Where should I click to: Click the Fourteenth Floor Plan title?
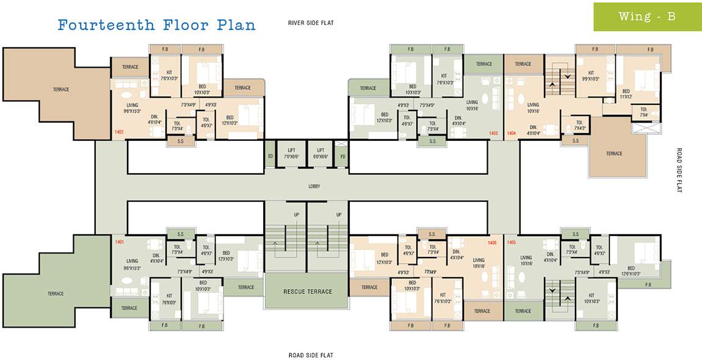[156, 25]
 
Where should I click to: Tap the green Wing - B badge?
[647, 16]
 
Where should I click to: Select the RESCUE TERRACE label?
[308, 291]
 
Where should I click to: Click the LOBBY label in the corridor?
[314, 186]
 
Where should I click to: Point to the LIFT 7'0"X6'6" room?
[291, 153]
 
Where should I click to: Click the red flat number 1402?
[119, 131]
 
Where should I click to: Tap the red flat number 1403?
[493, 132]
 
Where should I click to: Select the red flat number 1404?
[512, 132]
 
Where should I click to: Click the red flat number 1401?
[120, 242]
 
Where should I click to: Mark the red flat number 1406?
[492, 242]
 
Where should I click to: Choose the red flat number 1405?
[512, 242]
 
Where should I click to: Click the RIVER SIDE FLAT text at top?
[311, 23]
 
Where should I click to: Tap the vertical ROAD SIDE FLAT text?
[678, 170]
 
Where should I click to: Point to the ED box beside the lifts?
[270, 156]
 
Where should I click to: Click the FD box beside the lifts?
[342, 156]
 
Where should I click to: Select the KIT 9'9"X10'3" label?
[590, 76]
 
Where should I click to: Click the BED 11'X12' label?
[626, 94]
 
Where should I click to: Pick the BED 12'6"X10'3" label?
[631, 271]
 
